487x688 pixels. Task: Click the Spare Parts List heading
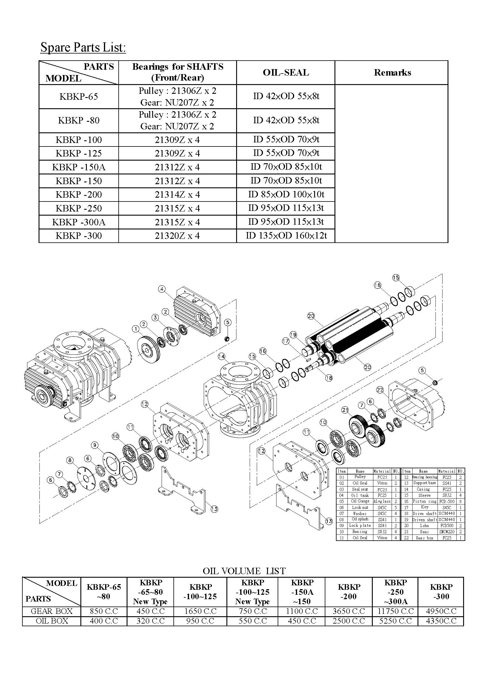pos(83,47)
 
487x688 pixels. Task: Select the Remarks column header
pos(392,73)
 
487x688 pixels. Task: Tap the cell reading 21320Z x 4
pos(177,236)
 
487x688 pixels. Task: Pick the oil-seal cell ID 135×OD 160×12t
pos(286,236)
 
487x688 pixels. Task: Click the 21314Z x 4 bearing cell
pos(177,195)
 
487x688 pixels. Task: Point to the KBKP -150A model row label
pos(79,167)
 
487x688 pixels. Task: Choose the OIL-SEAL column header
pos(286,73)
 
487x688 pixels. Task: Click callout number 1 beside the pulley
pos(136,329)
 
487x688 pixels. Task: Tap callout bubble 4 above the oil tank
pos(162,289)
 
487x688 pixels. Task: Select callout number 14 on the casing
pos(222,356)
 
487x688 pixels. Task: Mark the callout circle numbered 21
pos(345,410)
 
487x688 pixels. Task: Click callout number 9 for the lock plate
pos(95,445)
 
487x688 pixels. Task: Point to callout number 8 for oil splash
pos(70,460)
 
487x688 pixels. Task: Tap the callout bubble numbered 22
pos(380,389)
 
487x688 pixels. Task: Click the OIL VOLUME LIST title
pos(244,571)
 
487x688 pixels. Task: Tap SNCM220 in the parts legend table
pos(447,532)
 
